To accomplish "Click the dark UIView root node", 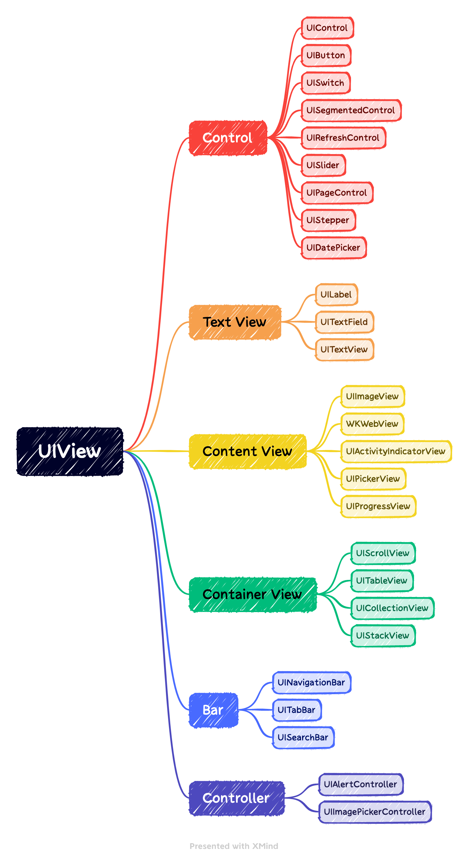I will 70,451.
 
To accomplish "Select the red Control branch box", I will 228,138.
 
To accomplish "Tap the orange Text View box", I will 235,322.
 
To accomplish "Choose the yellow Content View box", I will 247,452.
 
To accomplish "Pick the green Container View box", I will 252,595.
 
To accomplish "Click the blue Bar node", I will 213,710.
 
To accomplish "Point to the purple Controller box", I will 236,798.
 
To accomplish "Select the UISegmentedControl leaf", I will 351,111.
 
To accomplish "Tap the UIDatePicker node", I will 333,248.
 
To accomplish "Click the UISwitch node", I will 325,83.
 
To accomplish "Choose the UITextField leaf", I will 344,322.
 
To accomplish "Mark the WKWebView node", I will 372,424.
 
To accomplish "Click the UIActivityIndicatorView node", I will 396,452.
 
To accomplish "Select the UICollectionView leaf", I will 392,608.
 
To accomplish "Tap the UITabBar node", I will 296,710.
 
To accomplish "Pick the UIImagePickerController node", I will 374,812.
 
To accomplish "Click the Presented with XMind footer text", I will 234,846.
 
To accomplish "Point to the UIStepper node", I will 328,220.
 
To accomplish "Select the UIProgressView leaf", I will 378,507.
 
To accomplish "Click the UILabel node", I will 336,295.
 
